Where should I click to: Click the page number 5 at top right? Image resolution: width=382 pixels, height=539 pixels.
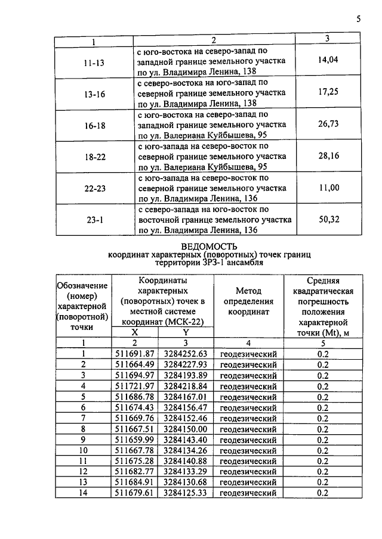tap(358, 19)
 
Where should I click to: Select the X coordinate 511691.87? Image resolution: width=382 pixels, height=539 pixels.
tap(135, 354)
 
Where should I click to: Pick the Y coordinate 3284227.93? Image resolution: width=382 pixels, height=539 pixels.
tap(185, 364)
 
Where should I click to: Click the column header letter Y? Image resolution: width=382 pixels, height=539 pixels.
tap(185, 332)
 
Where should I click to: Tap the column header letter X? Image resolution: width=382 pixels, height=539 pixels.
tap(134, 332)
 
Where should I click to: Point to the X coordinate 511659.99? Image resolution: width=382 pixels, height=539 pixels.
tap(135, 440)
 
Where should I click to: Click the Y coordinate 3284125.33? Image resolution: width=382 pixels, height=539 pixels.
tap(185, 493)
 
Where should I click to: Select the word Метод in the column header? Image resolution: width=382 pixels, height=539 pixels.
tap(249, 290)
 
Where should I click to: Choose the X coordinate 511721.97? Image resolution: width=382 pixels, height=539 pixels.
tap(135, 386)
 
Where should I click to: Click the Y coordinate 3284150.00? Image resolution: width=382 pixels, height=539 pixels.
tap(185, 429)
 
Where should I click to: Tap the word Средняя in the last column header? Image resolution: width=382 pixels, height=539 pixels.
tap(323, 280)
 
